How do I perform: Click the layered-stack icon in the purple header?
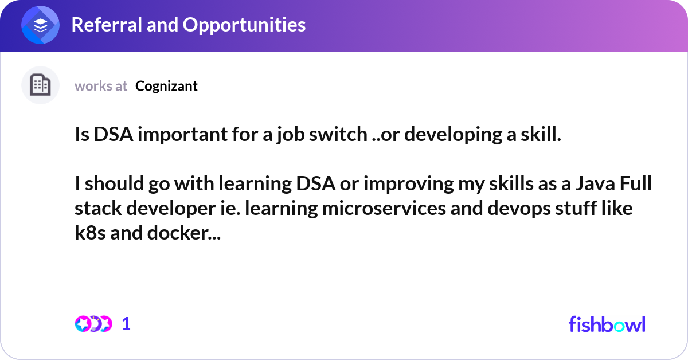point(40,25)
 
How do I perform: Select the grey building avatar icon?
point(40,85)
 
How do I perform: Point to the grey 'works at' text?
point(101,86)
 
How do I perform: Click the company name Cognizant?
point(166,86)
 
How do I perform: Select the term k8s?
point(90,233)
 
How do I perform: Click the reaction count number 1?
point(127,324)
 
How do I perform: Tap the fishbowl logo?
point(607,324)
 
